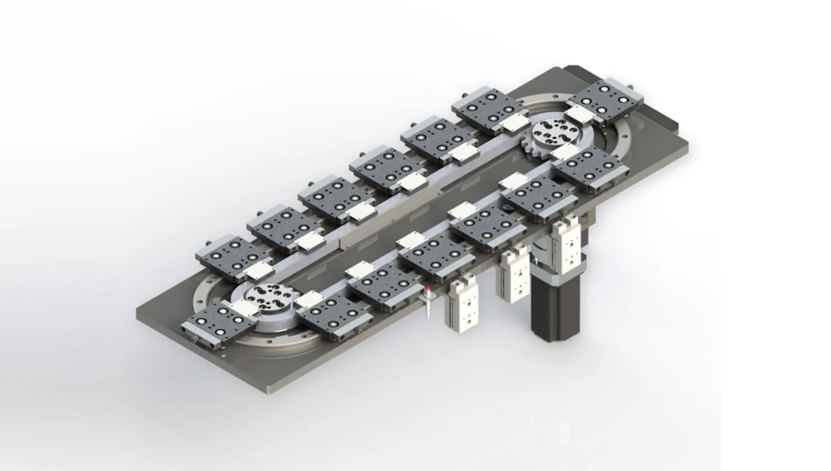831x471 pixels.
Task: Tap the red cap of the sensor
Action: coord(428,288)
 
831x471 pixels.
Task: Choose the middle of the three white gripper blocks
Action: coord(515,275)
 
